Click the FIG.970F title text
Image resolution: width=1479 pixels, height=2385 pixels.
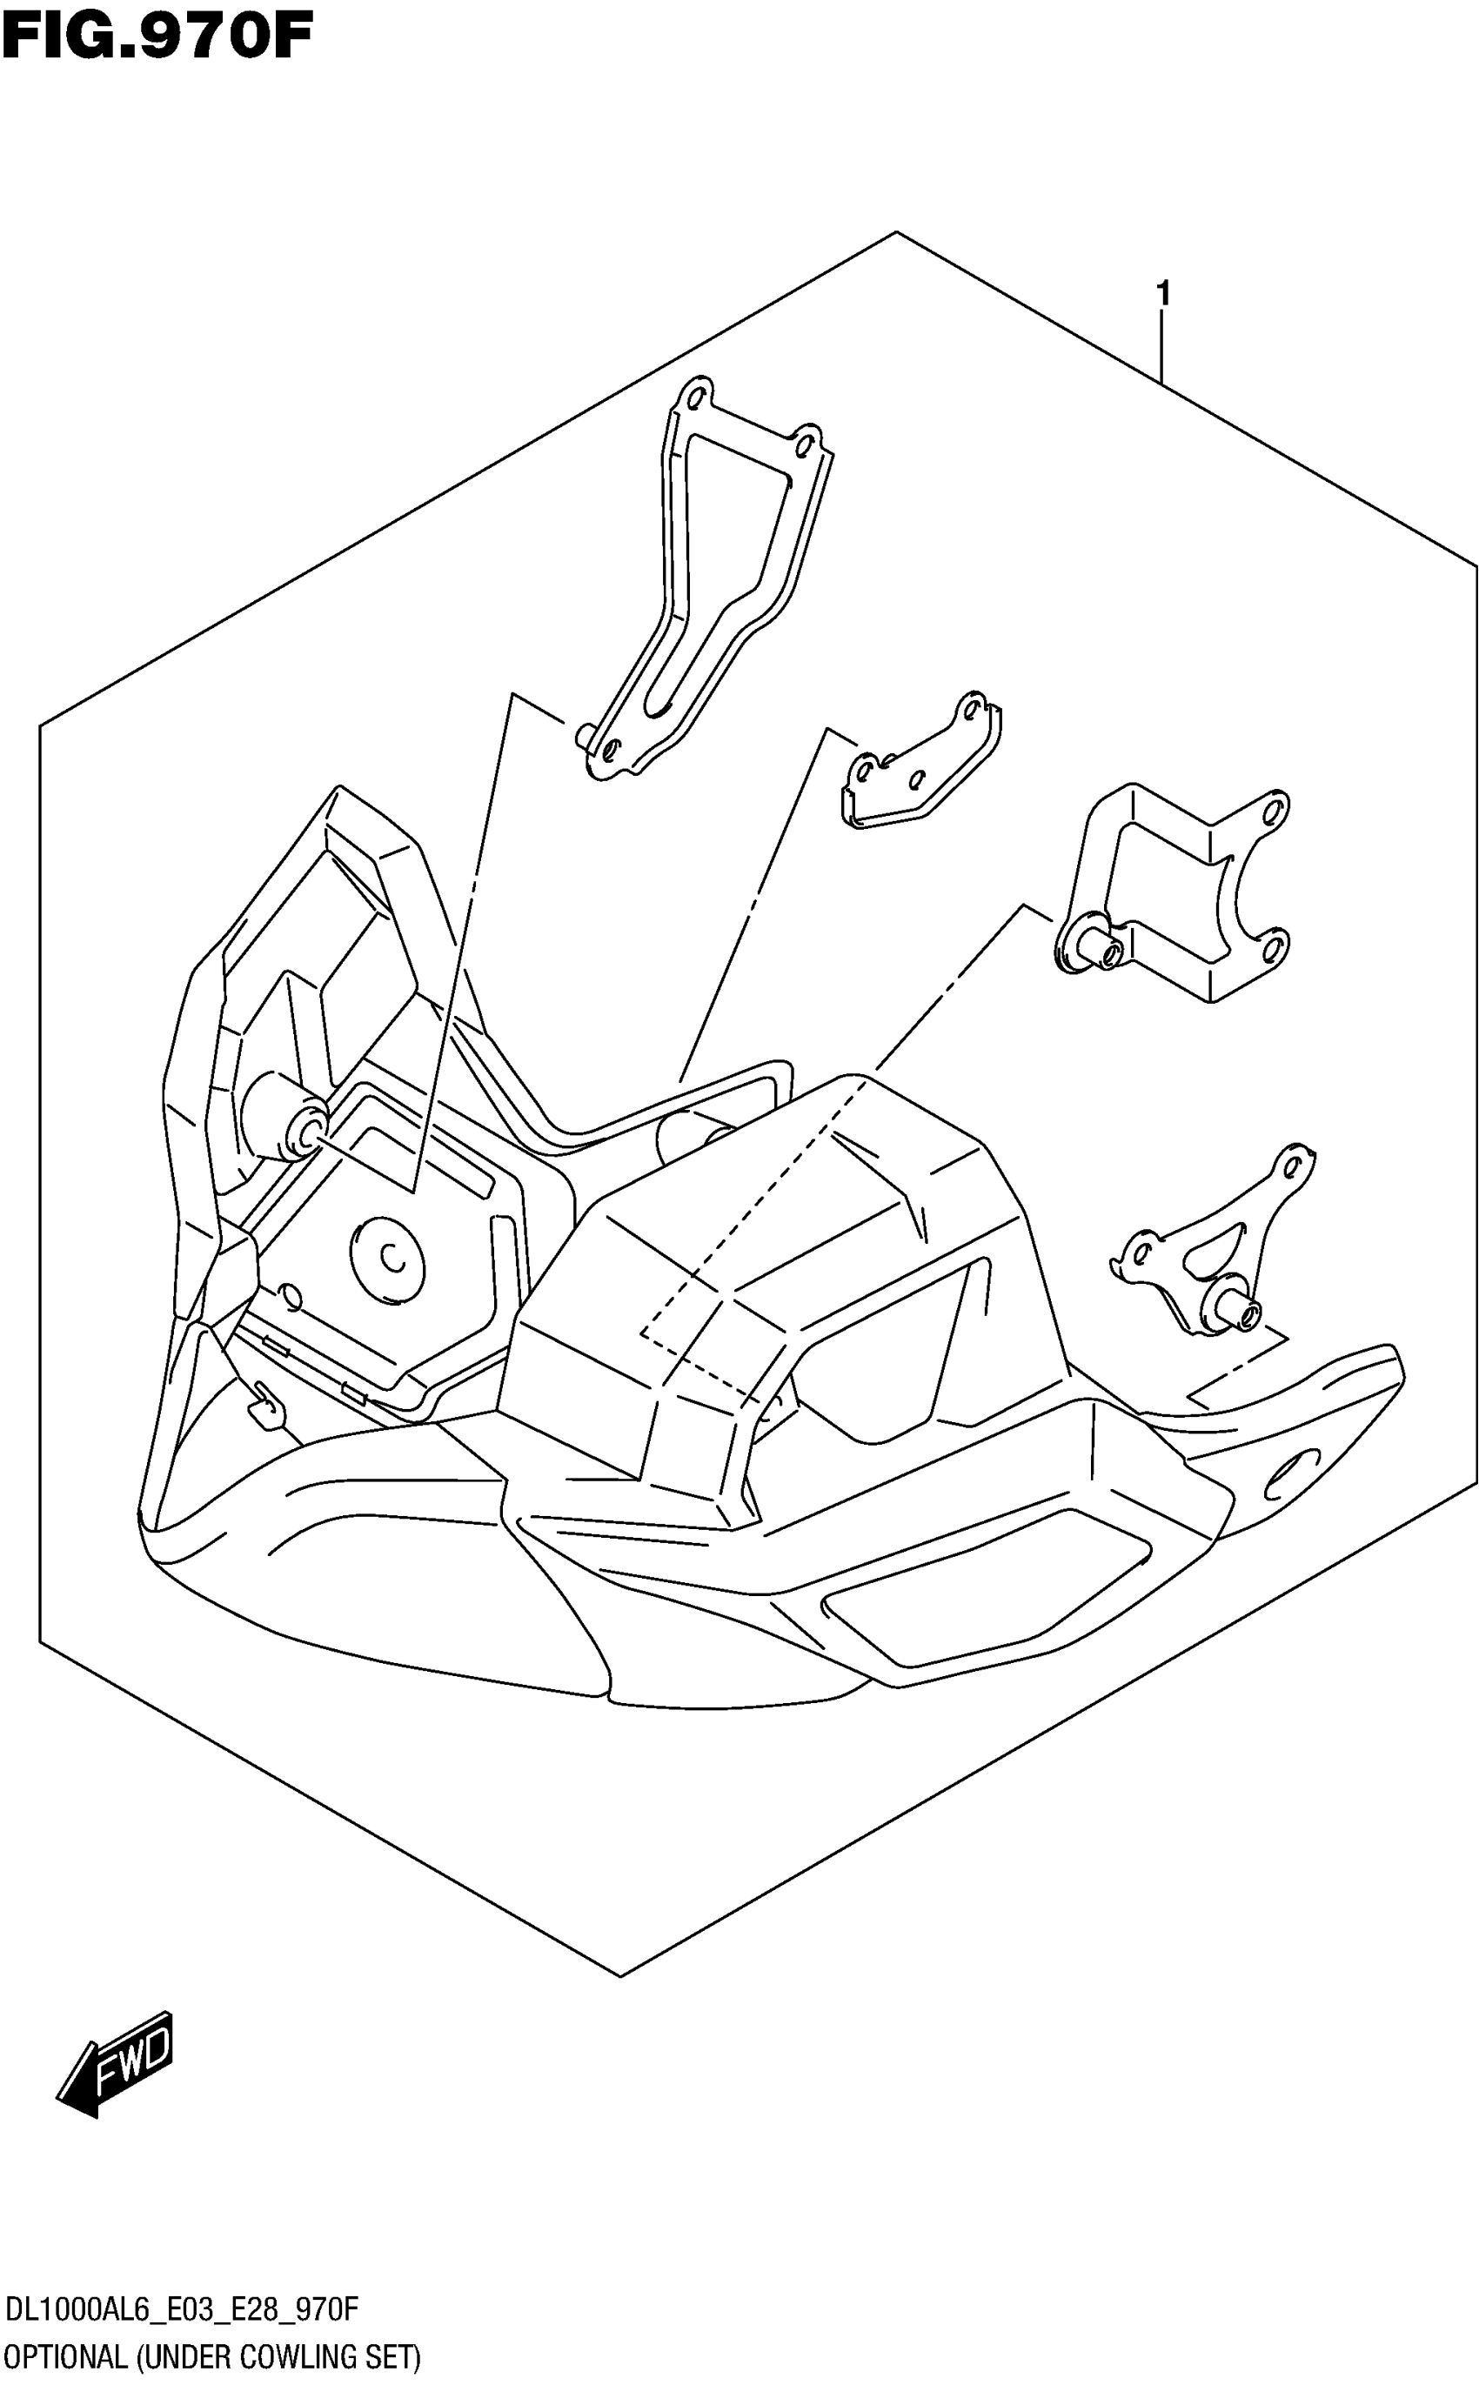[x=157, y=37]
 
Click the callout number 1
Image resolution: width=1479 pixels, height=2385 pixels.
[x=1162, y=292]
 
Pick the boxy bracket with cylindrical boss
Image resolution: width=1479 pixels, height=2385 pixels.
[x=1174, y=895]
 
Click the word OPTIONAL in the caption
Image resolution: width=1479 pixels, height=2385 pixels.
[x=66, y=2356]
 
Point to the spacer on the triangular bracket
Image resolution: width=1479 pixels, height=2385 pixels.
[x=1237, y=1310]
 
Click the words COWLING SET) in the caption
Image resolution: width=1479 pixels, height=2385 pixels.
[x=330, y=2356]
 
